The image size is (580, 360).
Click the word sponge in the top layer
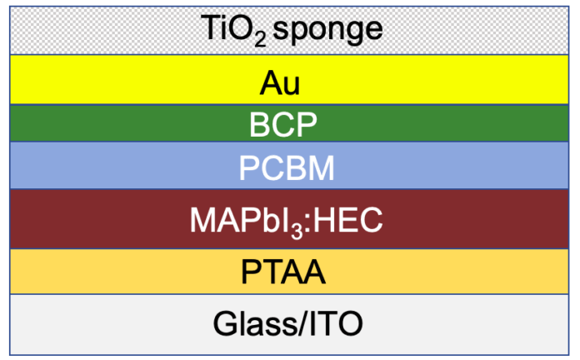point(327,30)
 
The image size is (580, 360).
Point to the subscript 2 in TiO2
point(260,40)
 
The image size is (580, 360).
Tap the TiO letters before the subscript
point(227,27)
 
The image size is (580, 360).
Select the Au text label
point(280,83)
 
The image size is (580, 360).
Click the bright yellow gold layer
point(289,79)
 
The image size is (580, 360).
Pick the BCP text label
point(283,125)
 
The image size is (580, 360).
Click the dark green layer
point(289,123)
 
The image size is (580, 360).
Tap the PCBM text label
point(287,168)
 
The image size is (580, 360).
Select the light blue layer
point(289,165)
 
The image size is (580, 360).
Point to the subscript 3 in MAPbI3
point(297,232)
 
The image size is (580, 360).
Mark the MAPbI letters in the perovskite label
point(240,220)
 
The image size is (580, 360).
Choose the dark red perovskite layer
point(289,219)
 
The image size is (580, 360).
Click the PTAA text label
point(283,272)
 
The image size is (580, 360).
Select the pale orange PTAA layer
point(289,272)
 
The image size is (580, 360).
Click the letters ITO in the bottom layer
point(336,323)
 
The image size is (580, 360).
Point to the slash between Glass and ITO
point(303,323)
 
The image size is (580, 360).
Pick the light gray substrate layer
point(289,325)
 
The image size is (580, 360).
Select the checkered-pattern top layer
point(289,31)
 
